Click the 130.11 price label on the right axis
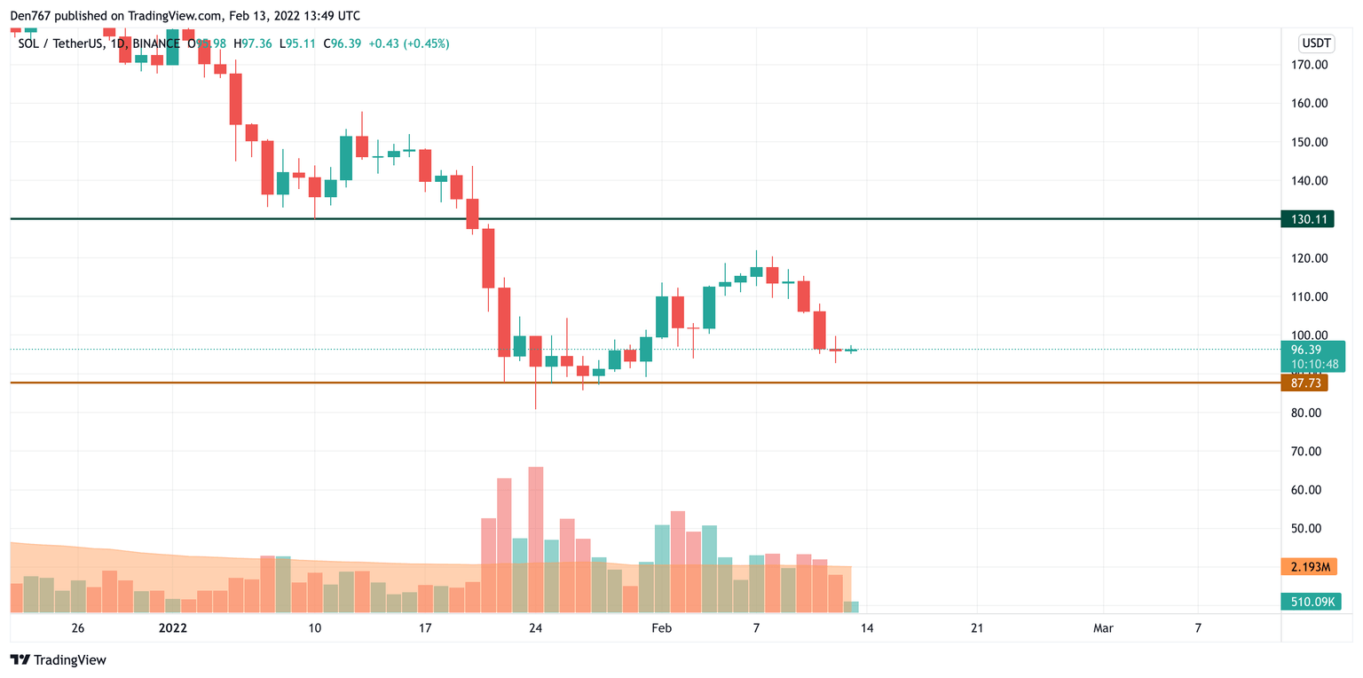(1307, 219)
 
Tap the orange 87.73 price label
(1307, 383)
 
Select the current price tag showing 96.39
(1312, 350)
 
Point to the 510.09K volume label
(1310, 603)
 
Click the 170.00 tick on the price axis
(1309, 65)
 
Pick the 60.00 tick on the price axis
(1309, 490)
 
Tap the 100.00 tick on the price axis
(1309, 335)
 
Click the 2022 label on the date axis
(172, 628)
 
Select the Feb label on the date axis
(661, 628)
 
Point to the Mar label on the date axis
(1103, 628)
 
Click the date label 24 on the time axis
(535, 628)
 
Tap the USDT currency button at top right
(1315, 43)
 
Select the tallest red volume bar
(535, 539)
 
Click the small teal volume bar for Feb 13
(851, 607)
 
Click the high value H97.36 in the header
(252, 43)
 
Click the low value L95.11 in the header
(297, 43)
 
